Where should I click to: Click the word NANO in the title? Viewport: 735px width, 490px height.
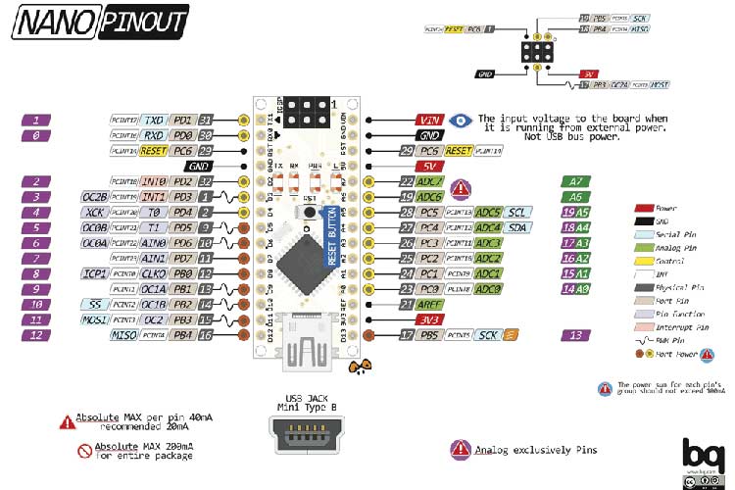point(54,21)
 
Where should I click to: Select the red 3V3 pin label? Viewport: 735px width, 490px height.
point(427,319)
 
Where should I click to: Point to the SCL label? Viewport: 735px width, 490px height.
point(519,212)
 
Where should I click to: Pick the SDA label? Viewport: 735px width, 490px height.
point(519,227)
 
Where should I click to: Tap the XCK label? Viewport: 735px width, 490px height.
point(94,212)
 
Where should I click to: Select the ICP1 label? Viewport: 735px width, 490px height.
point(94,273)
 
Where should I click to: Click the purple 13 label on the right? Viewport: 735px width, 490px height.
point(577,335)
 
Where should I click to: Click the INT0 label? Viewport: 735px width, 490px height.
point(154,182)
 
